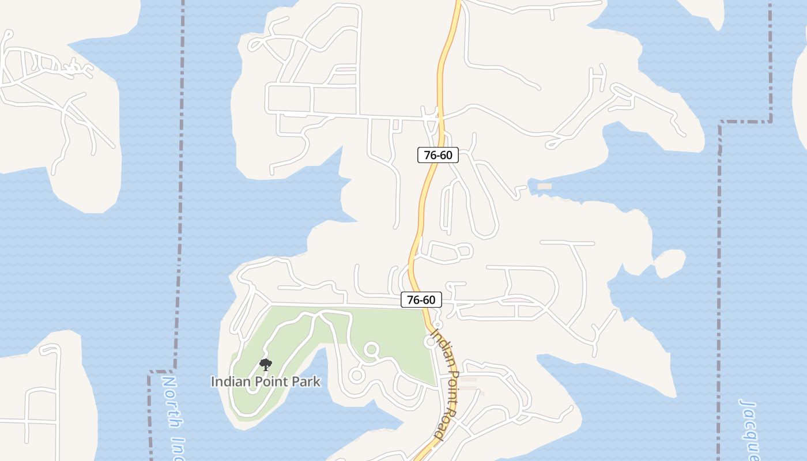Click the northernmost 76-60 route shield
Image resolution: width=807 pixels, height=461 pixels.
pyautogui.click(x=438, y=154)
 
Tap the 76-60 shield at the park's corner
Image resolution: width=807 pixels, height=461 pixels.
pyautogui.click(x=421, y=300)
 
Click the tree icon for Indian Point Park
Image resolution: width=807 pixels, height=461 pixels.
pyautogui.click(x=265, y=365)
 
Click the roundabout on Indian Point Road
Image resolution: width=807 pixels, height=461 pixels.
pyautogui.click(x=430, y=342)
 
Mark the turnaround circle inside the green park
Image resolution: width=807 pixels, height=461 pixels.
pyautogui.click(x=371, y=349)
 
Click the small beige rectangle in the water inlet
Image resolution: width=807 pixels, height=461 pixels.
pyautogui.click(x=544, y=186)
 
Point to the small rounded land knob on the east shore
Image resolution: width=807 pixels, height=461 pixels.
pyautogui.click(x=670, y=263)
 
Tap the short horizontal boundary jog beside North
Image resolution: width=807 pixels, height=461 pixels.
pyautogui.click(x=161, y=372)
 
